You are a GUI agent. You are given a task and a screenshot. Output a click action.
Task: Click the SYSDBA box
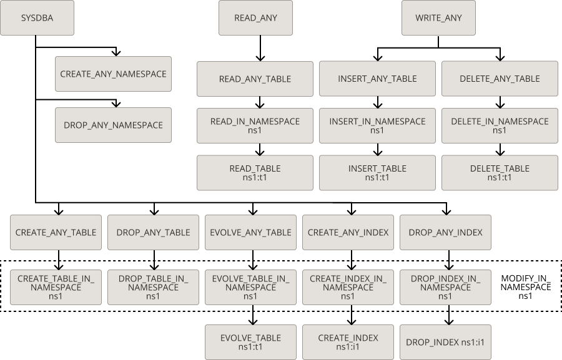coord(37,17)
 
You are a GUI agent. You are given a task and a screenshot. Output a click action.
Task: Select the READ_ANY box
coord(255,17)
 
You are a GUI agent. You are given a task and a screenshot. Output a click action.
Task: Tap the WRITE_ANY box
coord(438,17)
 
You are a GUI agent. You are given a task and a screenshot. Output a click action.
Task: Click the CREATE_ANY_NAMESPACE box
coord(113,74)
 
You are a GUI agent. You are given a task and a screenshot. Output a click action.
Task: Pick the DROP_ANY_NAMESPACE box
coord(113,125)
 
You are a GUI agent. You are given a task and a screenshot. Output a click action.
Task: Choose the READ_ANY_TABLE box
coord(255,79)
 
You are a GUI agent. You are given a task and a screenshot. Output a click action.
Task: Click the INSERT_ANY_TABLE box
coord(377,79)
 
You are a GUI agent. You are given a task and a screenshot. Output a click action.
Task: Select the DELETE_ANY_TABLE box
coord(500,79)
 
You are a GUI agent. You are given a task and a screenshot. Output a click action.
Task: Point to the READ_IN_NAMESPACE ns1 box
coord(255,125)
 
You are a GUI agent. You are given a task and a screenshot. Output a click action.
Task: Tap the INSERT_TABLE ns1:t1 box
coord(377,173)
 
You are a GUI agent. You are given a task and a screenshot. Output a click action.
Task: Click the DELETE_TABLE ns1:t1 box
coord(500,173)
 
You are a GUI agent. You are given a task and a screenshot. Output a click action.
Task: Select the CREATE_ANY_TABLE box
coord(56,232)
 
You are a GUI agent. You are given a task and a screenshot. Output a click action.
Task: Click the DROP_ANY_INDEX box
coord(446,232)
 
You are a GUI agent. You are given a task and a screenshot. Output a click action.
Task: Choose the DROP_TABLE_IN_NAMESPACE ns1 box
coord(153,287)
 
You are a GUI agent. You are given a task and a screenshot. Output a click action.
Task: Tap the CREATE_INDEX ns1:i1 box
coord(348,342)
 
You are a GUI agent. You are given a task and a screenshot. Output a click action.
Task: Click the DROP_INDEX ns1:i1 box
coord(446,342)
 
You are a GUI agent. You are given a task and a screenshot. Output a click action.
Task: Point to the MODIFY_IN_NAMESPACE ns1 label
coord(526,287)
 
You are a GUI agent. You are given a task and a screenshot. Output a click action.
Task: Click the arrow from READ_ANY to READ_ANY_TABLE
coord(260,48)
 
